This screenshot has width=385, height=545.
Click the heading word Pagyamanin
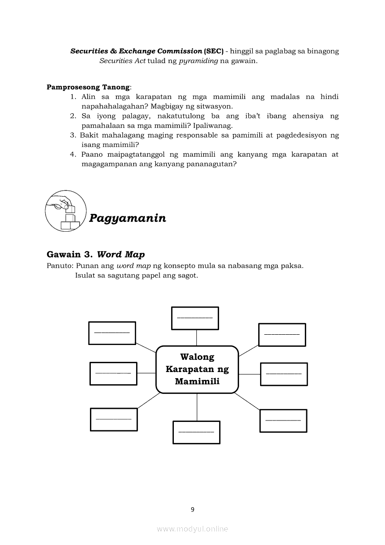(x=127, y=218)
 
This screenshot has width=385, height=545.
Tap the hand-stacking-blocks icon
(x=65, y=210)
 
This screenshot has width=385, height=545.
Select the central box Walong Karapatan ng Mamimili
(x=197, y=370)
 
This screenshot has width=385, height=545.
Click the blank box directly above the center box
(x=195, y=318)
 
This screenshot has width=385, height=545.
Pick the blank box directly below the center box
(x=196, y=432)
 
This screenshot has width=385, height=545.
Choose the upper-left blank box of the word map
(x=112, y=333)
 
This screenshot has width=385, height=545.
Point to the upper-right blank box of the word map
(x=282, y=334)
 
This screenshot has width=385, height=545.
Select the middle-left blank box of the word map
(x=113, y=373)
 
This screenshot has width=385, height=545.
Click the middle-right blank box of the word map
(x=284, y=374)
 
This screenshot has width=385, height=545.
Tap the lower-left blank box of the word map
(x=114, y=419)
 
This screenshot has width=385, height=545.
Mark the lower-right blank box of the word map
(x=283, y=421)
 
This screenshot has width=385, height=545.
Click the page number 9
(x=192, y=510)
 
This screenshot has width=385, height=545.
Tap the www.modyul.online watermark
(x=192, y=529)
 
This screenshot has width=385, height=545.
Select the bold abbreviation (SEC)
(x=213, y=51)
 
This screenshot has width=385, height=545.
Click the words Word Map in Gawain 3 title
(x=121, y=254)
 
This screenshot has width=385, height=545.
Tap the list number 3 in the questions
(x=73, y=135)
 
